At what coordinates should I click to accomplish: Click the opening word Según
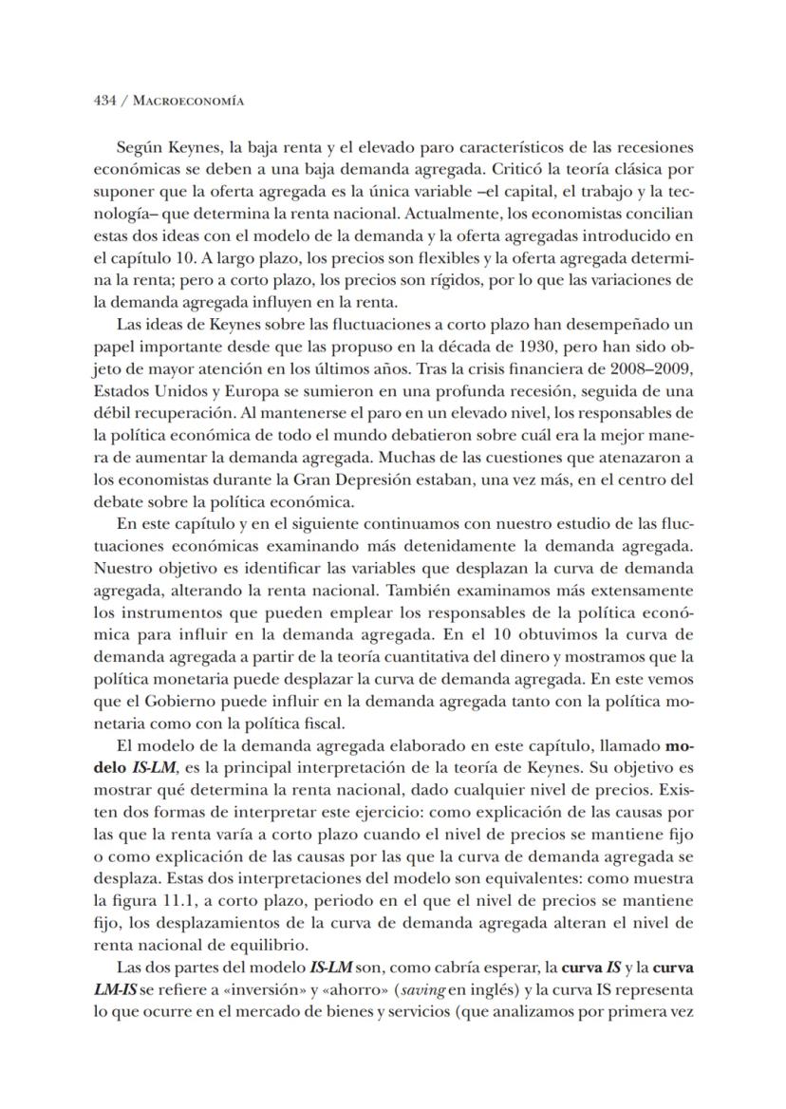point(139,147)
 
